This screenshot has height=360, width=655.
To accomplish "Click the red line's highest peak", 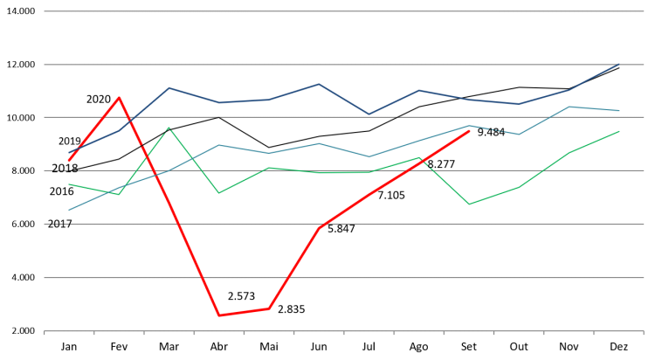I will (x=120, y=97).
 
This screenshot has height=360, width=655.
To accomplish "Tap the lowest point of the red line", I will (x=218, y=315).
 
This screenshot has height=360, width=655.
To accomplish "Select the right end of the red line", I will (x=470, y=131).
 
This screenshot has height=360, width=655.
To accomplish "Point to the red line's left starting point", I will (x=69, y=161).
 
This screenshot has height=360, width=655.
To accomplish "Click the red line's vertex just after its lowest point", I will (x=269, y=308).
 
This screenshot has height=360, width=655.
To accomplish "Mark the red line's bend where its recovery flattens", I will (x=319, y=228).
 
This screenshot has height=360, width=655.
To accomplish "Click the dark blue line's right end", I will (x=619, y=64).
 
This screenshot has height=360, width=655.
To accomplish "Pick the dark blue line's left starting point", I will (x=69, y=153).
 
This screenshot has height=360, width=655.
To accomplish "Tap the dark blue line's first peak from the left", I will (x=169, y=87).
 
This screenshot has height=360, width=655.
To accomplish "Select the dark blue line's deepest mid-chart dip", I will (x=369, y=114).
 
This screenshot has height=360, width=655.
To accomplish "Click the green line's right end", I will (x=619, y=131).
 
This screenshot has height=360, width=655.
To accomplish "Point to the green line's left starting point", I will (x=69, y=184).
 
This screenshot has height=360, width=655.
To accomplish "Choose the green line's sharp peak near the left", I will (x=169, y=128).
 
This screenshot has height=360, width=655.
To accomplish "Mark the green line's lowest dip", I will (x=469, y=204).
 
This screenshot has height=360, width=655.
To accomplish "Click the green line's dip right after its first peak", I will (x=218, y=193).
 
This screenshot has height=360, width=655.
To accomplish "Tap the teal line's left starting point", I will (x=69, y=210).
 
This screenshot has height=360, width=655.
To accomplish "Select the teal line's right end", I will (x=619, y=111).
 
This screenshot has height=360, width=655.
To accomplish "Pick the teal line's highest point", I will (x=569, y=107).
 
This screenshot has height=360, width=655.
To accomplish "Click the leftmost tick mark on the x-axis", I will (x=45, y=333).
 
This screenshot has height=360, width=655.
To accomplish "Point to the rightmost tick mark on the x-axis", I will (x=644, y=333).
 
